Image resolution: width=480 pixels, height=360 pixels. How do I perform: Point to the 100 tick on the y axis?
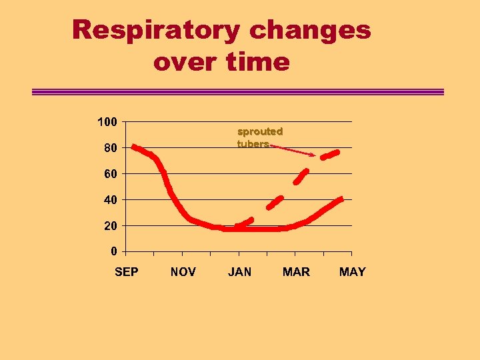coord(107,122)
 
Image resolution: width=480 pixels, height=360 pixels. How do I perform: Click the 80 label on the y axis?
coord(110,148)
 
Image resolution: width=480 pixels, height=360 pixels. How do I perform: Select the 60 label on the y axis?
coord(110,174)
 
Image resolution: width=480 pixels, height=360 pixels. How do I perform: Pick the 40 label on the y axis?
coord(110,200)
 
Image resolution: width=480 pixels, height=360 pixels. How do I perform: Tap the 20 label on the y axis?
coord(110,226)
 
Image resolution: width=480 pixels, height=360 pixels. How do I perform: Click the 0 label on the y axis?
coord(114,251)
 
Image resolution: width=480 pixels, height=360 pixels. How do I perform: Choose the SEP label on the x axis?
coord(127,272)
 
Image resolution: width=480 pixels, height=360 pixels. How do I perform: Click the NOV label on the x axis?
coord(183,272)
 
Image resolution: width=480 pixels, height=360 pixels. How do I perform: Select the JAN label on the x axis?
coord(240,272)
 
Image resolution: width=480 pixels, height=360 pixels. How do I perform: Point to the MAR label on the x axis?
coord(296,272)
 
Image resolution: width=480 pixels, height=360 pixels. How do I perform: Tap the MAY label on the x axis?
coord(353,272)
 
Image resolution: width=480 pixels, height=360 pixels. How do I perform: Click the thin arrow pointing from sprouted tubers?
coord(293,150)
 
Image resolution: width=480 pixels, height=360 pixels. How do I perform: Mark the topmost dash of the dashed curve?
coord(330,155)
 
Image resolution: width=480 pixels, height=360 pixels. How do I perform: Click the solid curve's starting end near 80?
coord(134,147)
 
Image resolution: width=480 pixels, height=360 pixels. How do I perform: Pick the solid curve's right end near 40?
coord(340,199)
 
